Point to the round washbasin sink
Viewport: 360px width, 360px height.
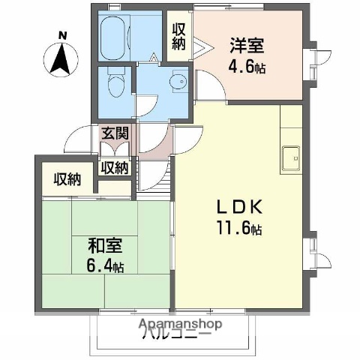click(x=178, y=82)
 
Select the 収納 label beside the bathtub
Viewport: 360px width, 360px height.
click(x=179, y=37)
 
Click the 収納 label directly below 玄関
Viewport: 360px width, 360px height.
click(x=114, y=167)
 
